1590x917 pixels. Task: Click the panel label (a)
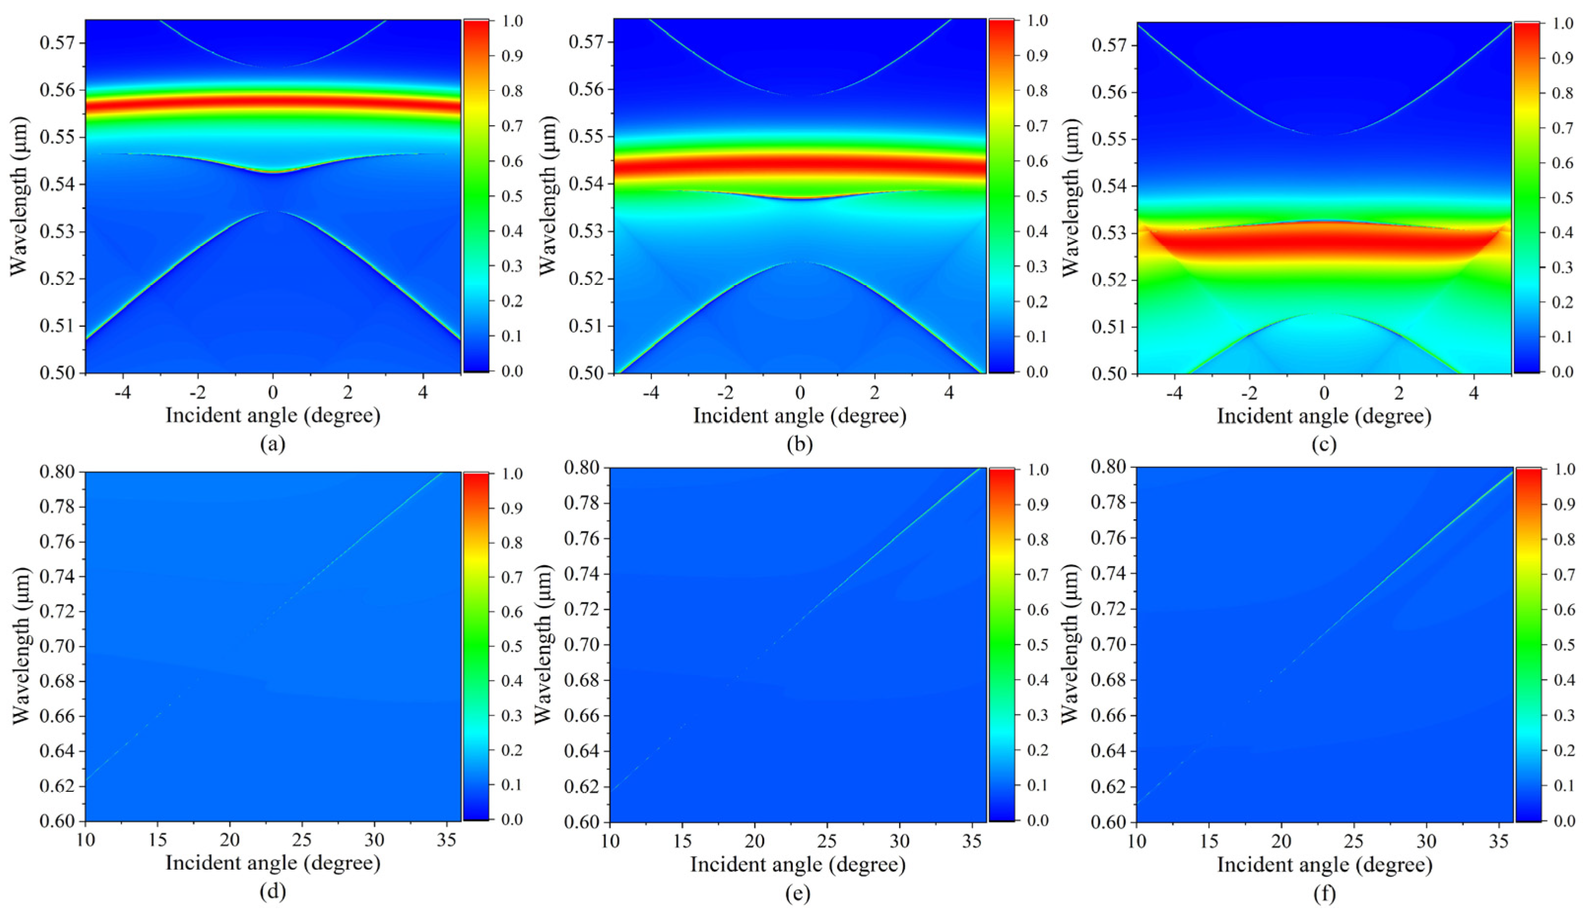coord(272,444)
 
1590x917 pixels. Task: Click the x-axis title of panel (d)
coord(272,863)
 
